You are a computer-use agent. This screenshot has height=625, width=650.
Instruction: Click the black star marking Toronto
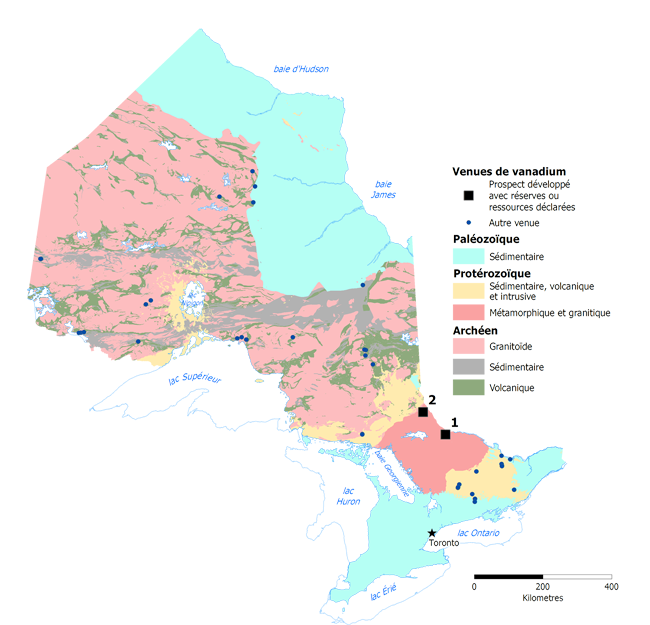point(432,533)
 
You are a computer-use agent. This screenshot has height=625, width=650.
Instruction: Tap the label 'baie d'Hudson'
point(301,69)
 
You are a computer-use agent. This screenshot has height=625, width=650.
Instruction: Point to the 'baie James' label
point(383,189)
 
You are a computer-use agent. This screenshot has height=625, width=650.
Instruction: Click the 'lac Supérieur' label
point(193,378)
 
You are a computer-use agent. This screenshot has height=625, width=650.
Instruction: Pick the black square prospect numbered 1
point(445,435)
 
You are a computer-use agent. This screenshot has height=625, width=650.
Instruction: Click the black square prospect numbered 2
point(423,411)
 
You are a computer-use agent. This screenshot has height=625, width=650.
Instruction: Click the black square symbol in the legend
point(468,195)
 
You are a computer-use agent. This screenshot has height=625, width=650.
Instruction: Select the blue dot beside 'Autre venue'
point(468,221)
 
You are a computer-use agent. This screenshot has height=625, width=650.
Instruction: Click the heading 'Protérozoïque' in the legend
point(491,273)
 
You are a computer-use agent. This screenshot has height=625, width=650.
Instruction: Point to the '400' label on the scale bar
point(610,587)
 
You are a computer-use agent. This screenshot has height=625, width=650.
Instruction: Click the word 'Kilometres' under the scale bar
point(543,598)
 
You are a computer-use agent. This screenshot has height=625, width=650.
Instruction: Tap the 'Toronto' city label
point(443,543)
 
